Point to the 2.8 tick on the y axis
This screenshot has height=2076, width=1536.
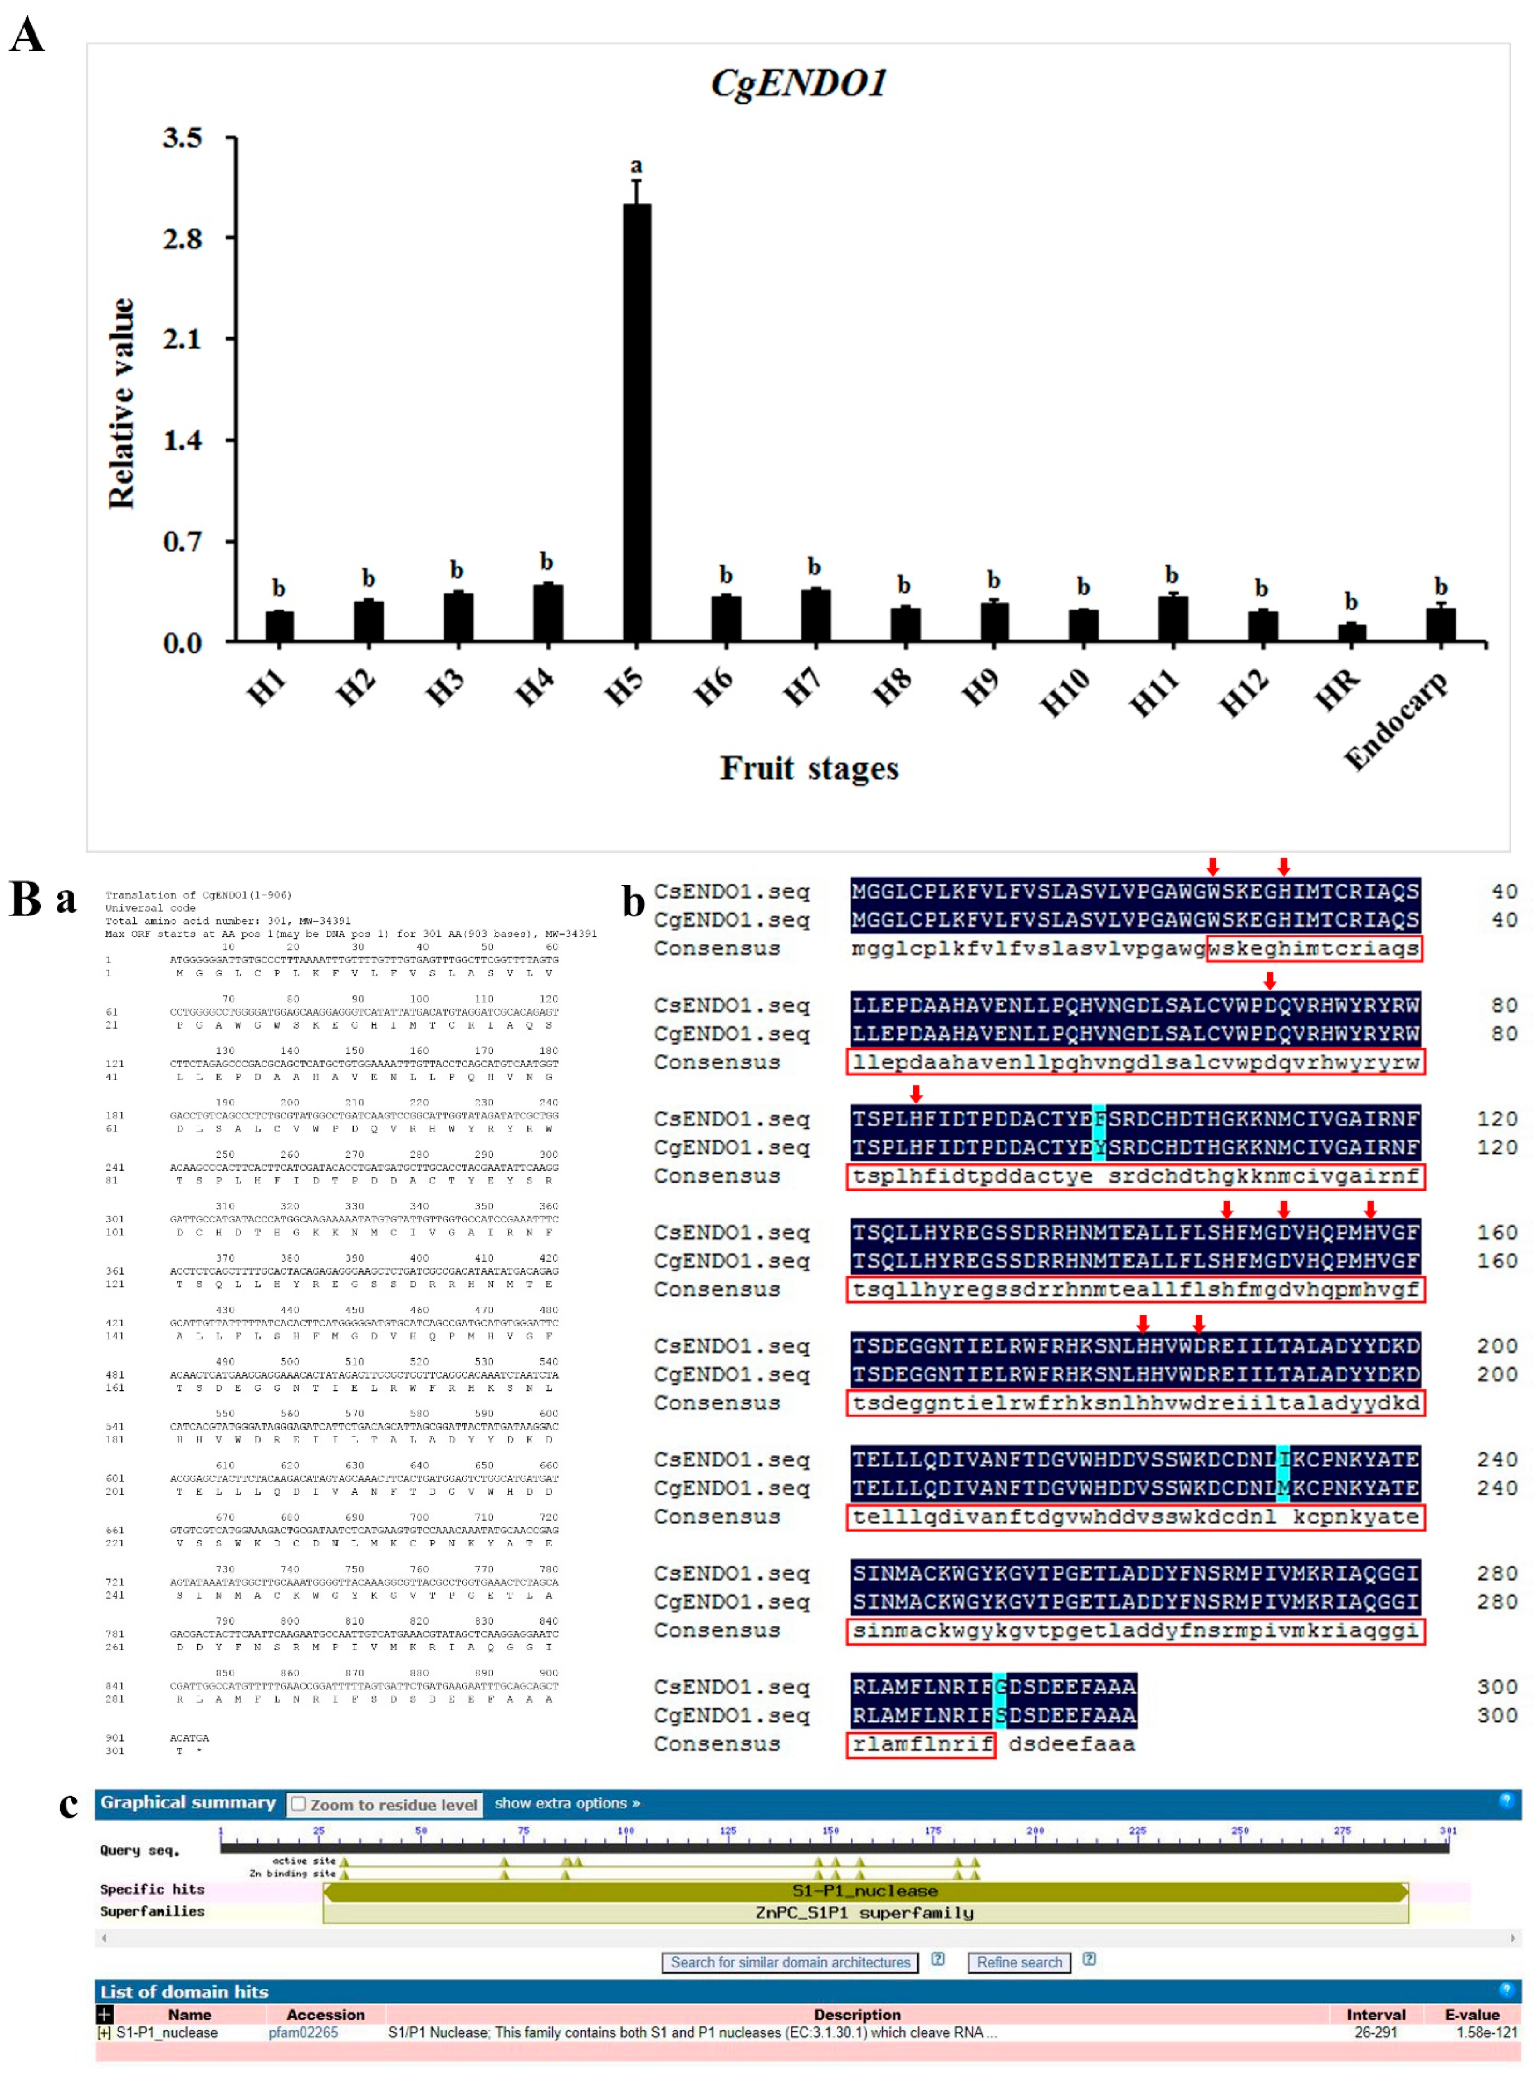[x=182, y=239]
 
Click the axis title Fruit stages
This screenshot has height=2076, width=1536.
[x=809, y=768]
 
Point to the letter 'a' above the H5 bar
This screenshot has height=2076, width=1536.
[x=636, y=166]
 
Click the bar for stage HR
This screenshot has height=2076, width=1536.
[x=1351, y=632]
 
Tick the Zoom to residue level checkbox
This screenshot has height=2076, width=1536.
[x=298, y=1804]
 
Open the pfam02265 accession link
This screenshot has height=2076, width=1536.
[x=303, y=2032]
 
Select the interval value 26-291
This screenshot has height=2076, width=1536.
[x=1375, y=2032]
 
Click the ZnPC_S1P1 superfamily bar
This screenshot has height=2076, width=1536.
[x=865, y=1912]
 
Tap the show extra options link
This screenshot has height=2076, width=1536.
[x=566, y=1803]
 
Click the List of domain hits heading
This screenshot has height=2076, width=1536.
[x=184, y=1991]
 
